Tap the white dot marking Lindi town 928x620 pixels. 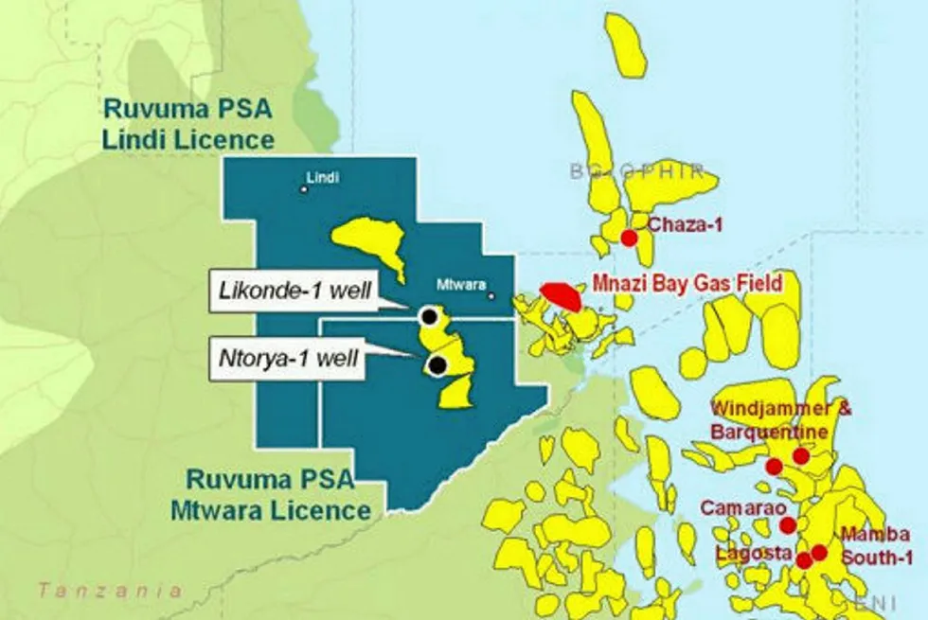tap(304, 189)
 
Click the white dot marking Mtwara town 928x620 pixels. tap(491, 295)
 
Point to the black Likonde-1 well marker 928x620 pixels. tap(430, 316)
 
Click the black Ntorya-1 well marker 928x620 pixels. tap(437, 364)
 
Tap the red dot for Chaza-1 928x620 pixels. tap(628, 238)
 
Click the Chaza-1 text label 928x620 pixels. tap(679, 224)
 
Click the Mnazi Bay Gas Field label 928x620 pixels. tap(687, 281)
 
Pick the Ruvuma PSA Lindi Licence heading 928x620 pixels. tap(187, 124)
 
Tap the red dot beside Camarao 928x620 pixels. tap(787, 524)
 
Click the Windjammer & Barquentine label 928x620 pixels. tap(780, 419)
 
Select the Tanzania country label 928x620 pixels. tap(110, 591)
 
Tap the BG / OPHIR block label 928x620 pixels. tap(636, 171)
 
